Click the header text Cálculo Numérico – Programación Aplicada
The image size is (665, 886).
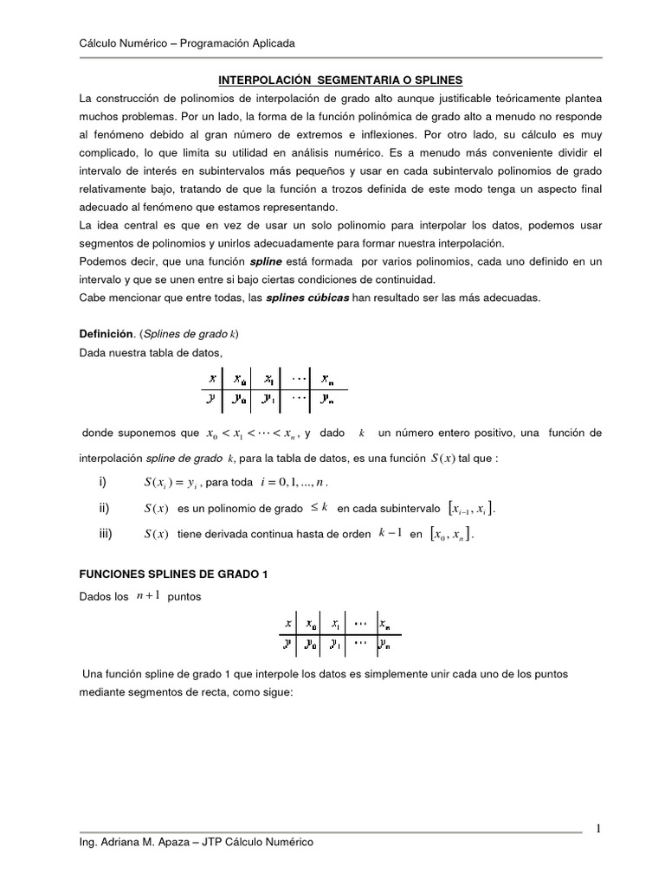coord(187,42)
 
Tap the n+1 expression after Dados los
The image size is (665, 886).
coord(147,596)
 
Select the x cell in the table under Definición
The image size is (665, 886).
coord(211,378)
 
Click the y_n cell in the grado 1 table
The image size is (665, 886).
coord(384,644)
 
